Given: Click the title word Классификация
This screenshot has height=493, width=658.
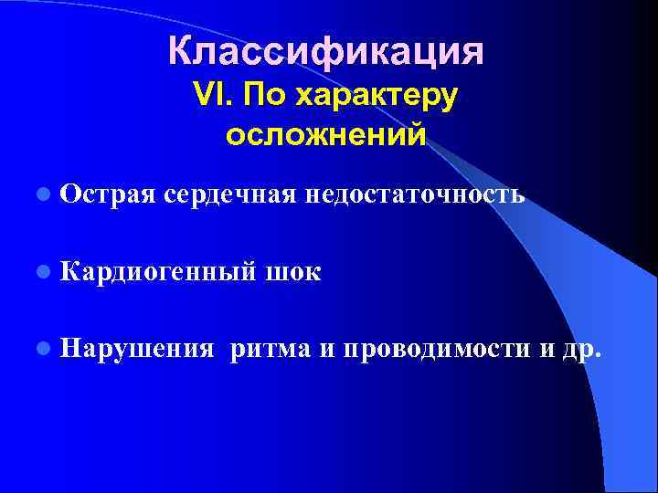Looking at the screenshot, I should pyautogui.click(x=325, y=52).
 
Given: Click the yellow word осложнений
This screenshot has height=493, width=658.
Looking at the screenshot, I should pyautogui.click(x=325, y=135).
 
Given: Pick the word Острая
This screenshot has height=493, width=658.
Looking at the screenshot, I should pyautogui.click(x=109, y=194).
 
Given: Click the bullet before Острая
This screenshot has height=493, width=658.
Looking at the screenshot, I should pyautogui.click(x=44, y=194).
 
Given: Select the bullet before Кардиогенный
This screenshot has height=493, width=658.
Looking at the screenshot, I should pyautogui.click(x=44, y=271).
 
